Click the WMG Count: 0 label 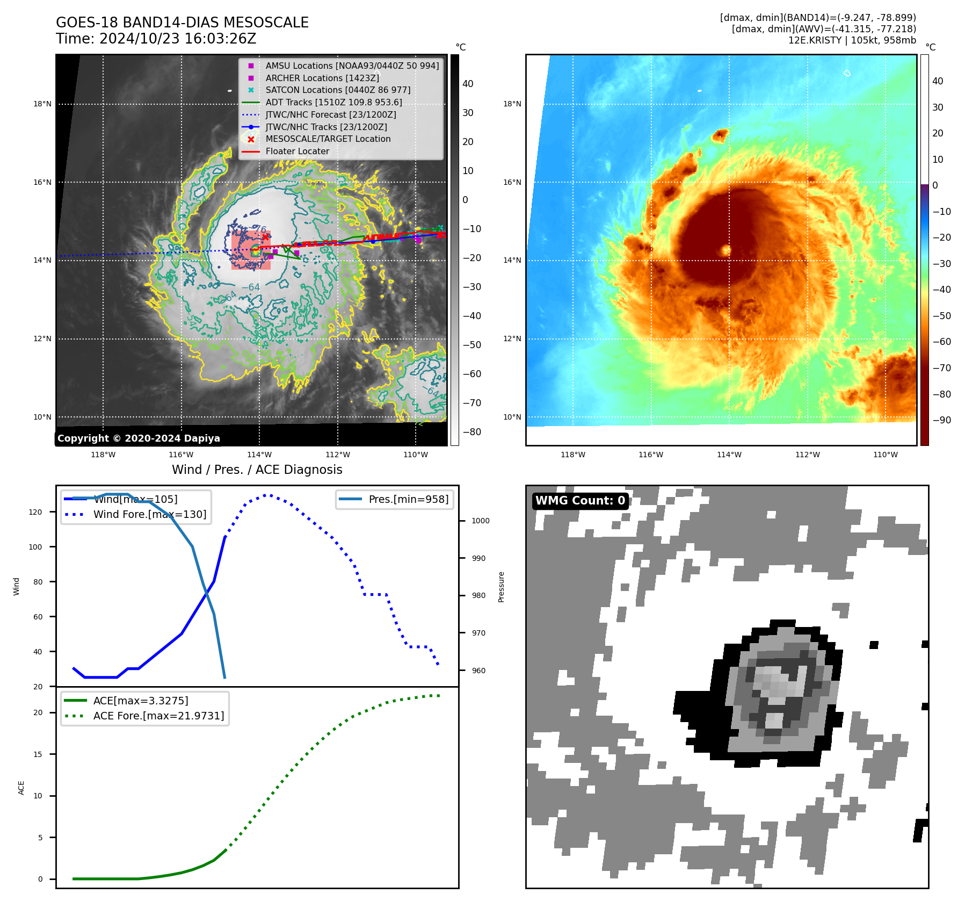[580, 501]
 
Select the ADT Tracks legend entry [333, 102]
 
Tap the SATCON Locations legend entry [337, 90]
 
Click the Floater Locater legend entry [297, 151]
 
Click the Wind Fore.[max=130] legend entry [149, 514]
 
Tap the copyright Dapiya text [139, 438]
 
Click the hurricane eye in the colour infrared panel [726, 250]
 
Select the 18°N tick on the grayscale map [42, 104]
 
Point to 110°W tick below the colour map [885, 455]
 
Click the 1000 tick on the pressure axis [480, 521]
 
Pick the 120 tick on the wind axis [35, 512]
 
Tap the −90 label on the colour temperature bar [941, 420]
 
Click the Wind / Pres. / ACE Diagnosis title [257, 470]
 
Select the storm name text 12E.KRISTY [814, 40]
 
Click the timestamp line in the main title [156, 39]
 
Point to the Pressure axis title [501, 587]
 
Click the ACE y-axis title [21, 788]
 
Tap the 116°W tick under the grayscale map [181, 455]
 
